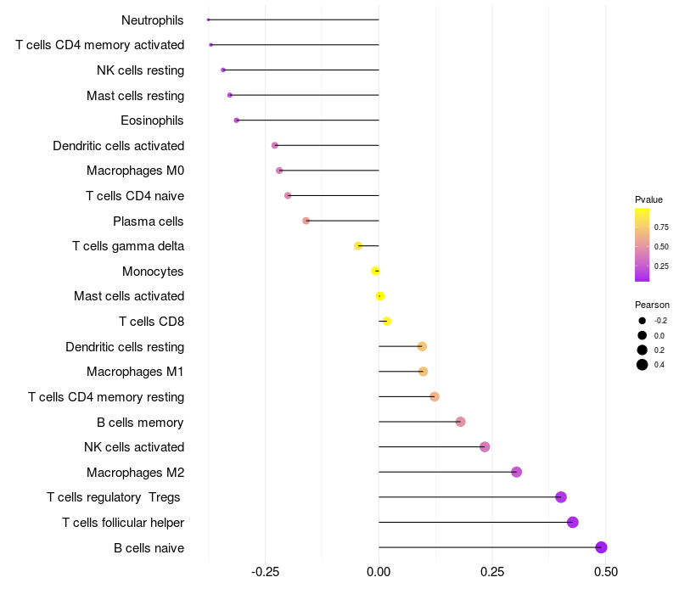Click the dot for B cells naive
click(601, 547)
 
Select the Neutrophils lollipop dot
click(208, 20)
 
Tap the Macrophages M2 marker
click(516, 472)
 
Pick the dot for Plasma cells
click(306, 221)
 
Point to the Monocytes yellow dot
click(375, 271)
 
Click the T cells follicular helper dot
click(573, 522)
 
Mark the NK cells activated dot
click(485, 447)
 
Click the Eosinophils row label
click(152, 120)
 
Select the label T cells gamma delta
click(128, 246)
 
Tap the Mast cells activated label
click(129, 296)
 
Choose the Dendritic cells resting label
click(125, 346)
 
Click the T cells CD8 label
click(151, 322)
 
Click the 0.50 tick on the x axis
click(605, 572)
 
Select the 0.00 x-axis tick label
click(379, 572)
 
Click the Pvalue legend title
click(648, 199)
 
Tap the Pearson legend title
click(652, 305)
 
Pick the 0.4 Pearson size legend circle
click(643, 365)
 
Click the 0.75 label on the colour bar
click(661, 227)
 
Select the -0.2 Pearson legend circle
click(643, 321)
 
